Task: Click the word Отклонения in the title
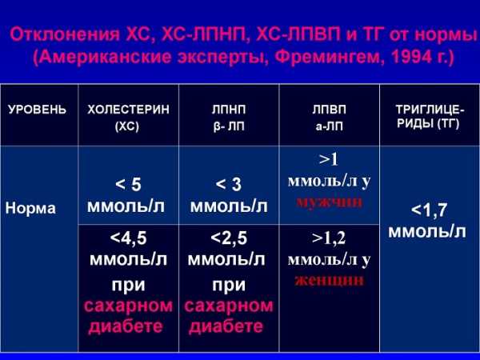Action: click(x=65, y=34)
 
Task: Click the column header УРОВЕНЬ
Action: click(x=37, y=110)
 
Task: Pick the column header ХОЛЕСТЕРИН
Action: click(x=128, y=110)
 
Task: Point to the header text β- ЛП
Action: click(x=229, y=126)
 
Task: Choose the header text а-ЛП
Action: click(x=329, y=126)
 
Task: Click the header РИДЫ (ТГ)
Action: click(x=428, y=124)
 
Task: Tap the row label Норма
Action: click(x=30, y=209)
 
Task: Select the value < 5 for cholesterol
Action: click(x=128, y=185)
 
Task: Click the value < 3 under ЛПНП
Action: click(x=228, y=185)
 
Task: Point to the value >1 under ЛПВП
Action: click(x=328, y=159)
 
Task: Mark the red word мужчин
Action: click(x=329, y=202)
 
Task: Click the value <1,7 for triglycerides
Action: click(x=429, y=210)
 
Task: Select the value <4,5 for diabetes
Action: click(x=128, y=238)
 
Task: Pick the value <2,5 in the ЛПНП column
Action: click(x=229, y=238)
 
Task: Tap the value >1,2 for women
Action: click(x=329, y=238)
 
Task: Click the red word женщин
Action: click(x=329, y=281)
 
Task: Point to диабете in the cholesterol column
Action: click(x=126, y=326)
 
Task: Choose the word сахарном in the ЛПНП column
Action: click(x=229, y=306)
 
